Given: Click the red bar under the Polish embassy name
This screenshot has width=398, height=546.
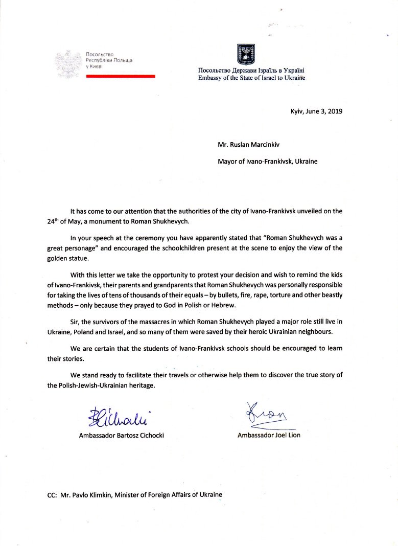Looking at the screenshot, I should coord(120,76).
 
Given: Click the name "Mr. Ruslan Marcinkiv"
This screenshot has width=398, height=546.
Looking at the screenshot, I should coord(250,145).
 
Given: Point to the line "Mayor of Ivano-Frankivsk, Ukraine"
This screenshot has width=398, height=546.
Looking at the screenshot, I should coord(268,162).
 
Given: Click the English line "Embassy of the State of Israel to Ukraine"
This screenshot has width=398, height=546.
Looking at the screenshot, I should coord(251,78).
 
